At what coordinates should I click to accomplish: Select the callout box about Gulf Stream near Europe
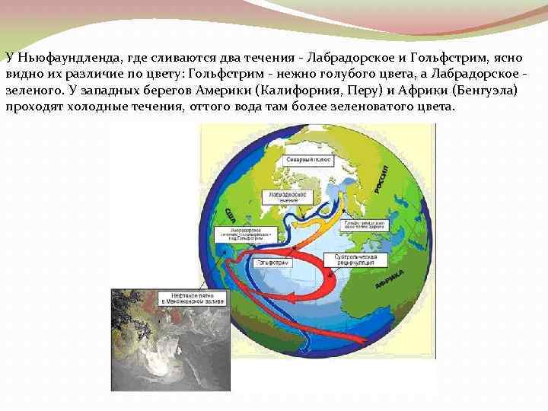pos(363,225)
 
